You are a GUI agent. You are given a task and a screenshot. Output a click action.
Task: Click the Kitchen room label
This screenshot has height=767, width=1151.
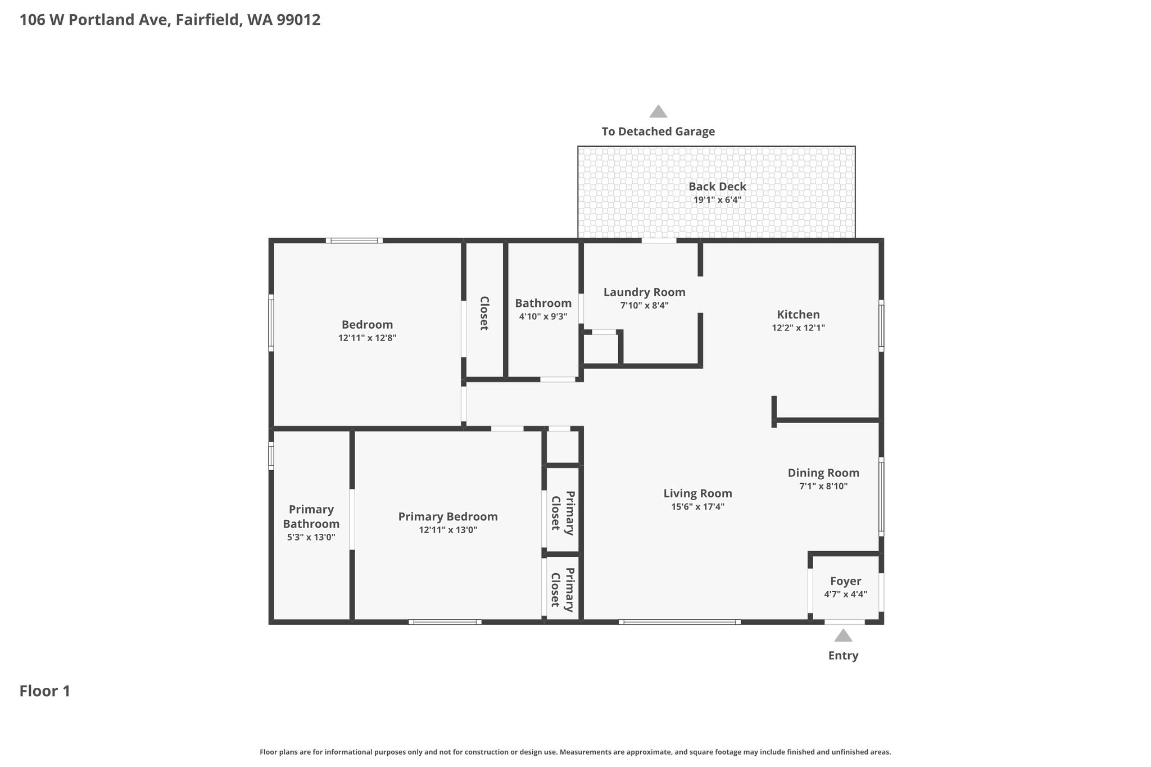(x=798, y=315)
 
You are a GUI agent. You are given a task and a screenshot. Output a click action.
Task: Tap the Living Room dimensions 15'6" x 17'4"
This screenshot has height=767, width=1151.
(x=698, y=506)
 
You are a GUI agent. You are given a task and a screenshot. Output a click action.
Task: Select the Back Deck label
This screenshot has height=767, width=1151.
(x=718, y=187)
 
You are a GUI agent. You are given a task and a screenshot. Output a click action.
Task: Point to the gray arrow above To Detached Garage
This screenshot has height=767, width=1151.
(x=658, y=111)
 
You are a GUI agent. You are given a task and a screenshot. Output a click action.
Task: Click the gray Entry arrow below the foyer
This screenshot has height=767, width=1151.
(x=843, y=636)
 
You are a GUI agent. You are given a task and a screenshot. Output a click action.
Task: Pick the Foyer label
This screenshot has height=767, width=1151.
(x=845, y=582)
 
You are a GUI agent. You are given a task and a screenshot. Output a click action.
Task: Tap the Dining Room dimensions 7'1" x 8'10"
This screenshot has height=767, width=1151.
(x=823, y=486)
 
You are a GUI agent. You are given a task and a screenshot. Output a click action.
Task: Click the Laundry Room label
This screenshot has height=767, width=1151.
(x=645, y=292)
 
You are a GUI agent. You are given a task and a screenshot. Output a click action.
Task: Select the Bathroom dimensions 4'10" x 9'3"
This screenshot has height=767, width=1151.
(x=543, y=316)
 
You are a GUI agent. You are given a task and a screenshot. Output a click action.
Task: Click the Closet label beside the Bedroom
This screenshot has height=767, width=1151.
(x=484, y=313)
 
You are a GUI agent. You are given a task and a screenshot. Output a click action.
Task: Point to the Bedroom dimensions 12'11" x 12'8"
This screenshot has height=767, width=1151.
(x=368, y=338)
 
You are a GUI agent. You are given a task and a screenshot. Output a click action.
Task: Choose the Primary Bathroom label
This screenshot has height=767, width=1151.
(x=311, y=516)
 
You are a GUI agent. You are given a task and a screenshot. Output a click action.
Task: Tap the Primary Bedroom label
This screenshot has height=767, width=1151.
(x=448, y=516)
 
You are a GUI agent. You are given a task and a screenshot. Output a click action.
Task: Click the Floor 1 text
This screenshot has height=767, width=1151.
(x=45, y=691)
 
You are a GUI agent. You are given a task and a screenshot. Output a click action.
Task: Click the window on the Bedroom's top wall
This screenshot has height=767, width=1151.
(x=354, y=240)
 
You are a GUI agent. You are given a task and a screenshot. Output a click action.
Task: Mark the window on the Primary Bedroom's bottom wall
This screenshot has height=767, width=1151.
(x=445, y=622)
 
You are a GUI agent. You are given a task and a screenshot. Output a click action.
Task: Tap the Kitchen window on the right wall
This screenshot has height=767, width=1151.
(x=881, y=326)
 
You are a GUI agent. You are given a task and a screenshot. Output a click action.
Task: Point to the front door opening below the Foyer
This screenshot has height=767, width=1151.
(x=845, y=622)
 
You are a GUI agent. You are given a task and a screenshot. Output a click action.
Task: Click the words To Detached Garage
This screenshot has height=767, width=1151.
(x=658, y=131)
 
